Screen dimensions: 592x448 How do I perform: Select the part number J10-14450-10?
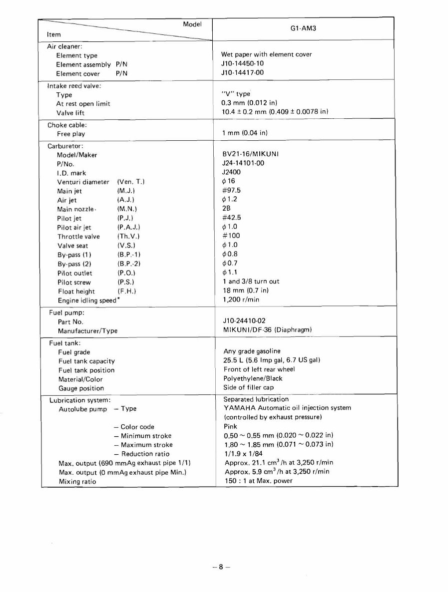(243, 64)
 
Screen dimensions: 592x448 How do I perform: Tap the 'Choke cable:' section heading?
(67, 125)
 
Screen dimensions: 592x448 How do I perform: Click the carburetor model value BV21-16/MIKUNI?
(250, 154)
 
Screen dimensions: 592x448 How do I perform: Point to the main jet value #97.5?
(232, 191)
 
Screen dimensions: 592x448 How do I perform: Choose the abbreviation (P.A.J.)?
(129, 228)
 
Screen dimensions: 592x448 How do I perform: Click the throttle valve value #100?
(231, 236)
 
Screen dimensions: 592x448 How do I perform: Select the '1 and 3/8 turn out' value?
(251, 282)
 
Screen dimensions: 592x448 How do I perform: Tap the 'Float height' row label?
(76, 292)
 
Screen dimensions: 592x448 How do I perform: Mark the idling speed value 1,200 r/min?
(241, 300)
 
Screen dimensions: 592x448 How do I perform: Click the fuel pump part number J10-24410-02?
(245, 321)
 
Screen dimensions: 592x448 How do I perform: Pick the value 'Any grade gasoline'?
(252, 351)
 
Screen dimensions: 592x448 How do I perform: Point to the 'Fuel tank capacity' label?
(86, 361)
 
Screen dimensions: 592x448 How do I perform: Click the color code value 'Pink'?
(230, 427)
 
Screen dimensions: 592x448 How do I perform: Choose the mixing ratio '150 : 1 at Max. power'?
(258, 481)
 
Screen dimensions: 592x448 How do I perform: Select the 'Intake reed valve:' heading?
(74, 86)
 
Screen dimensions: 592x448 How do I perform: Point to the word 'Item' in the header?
(53, 35)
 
